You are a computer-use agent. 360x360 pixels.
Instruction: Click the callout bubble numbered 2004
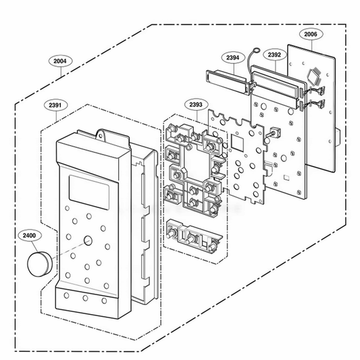point(59,61)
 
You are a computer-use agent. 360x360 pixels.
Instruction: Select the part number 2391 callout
point(55,105)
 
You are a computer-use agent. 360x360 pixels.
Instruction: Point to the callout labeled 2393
point(195,105)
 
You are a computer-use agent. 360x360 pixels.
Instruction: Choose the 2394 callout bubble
point(232,58)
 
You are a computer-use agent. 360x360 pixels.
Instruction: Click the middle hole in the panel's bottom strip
point(85,298)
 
